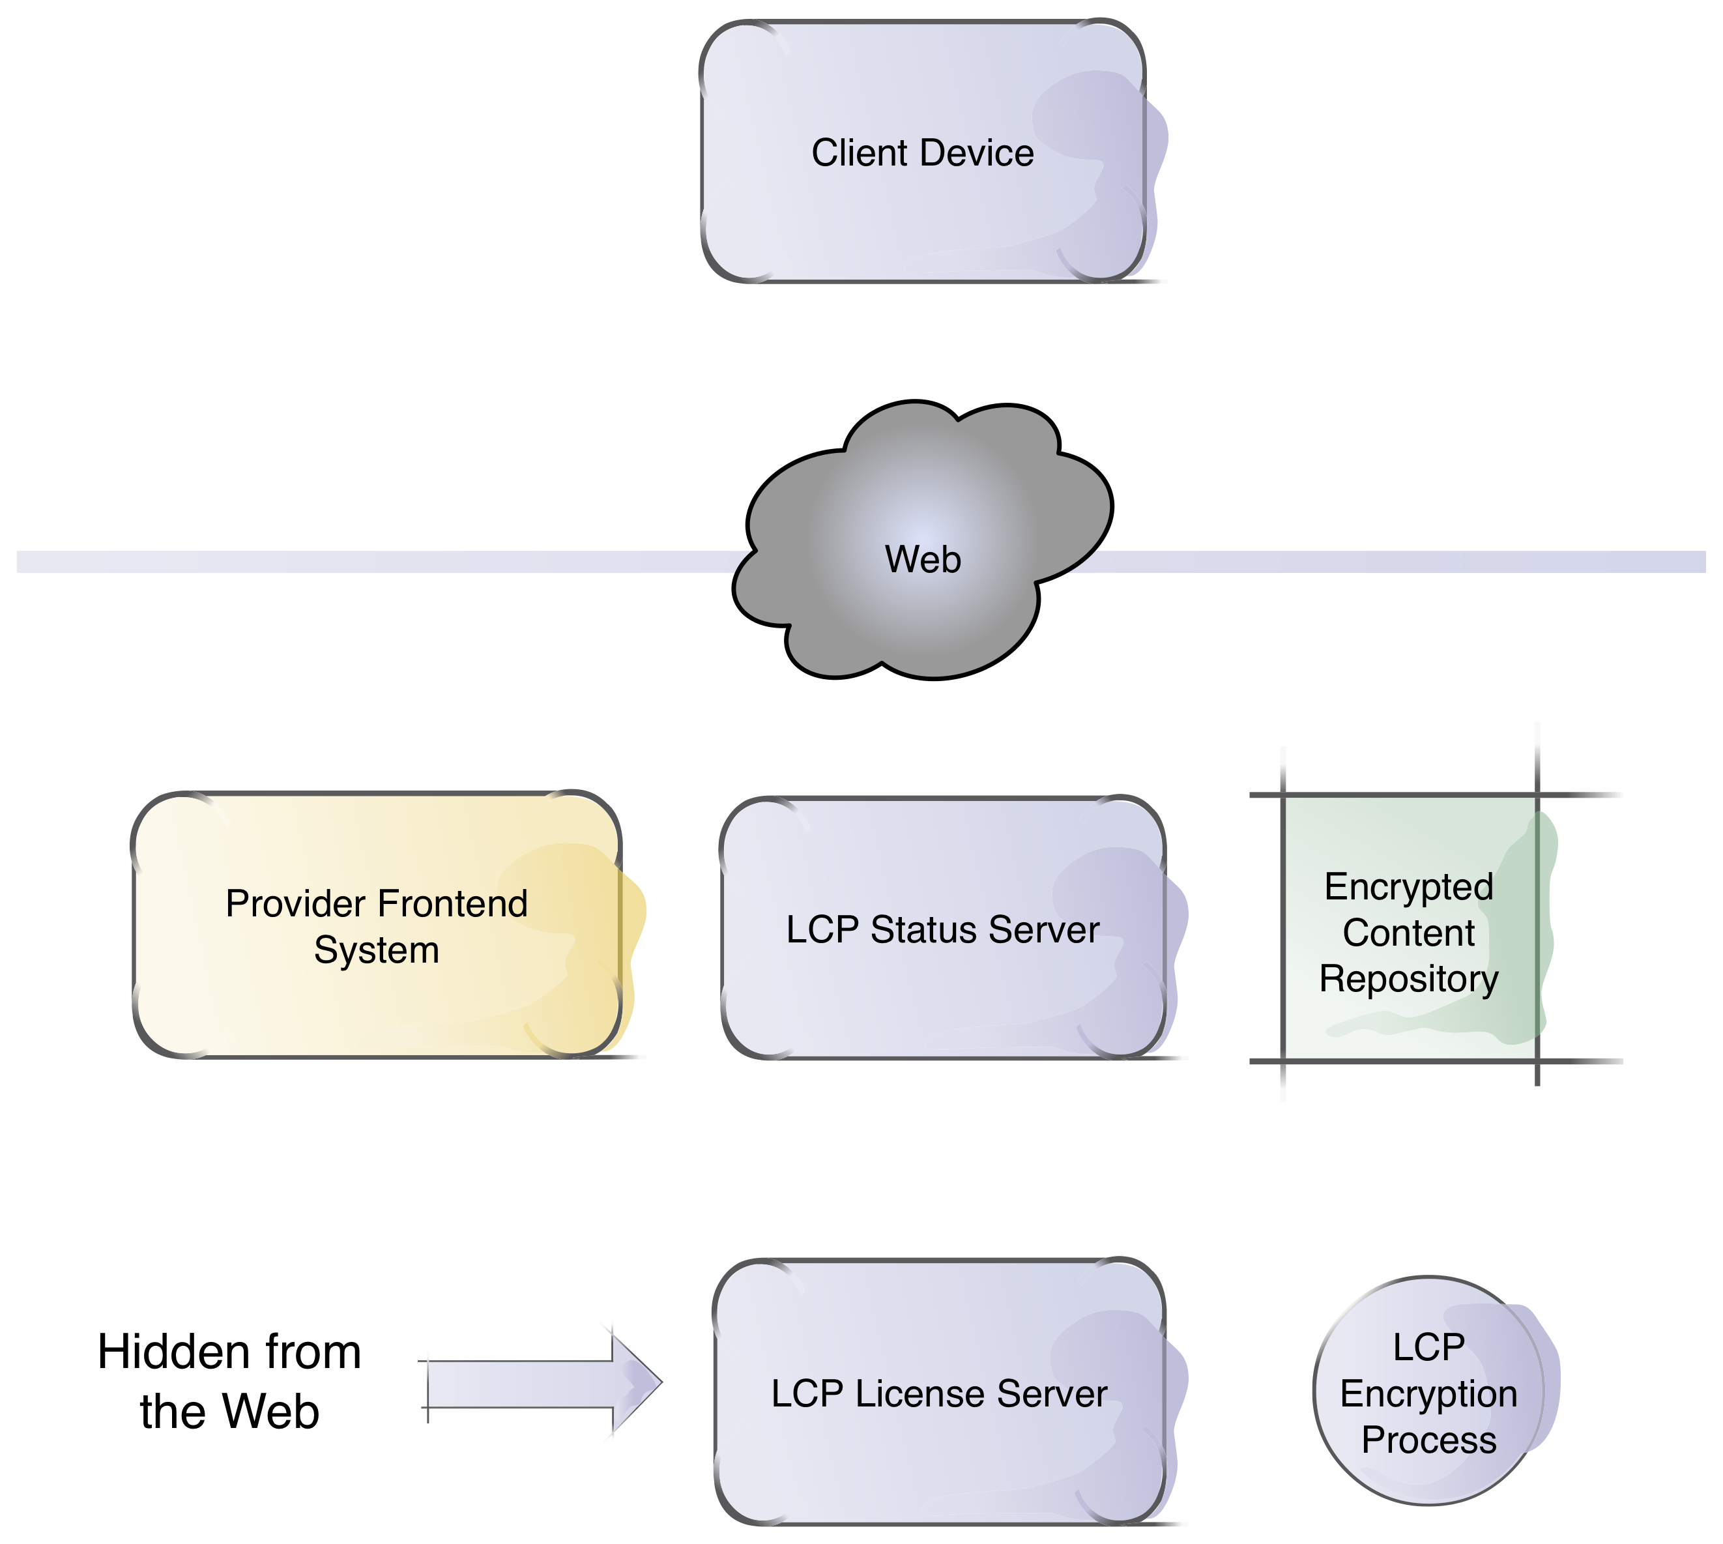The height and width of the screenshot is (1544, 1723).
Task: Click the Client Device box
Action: pyautogui.click(x=923, y=212)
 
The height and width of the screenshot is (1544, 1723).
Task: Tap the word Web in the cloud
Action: pyautogui.click(x=923, y=560)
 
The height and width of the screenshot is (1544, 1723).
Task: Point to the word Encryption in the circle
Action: pyautogui.click(x=1428, y=1394)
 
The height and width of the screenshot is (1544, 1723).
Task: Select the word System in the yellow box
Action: pyautogui.click(x=377, y=950)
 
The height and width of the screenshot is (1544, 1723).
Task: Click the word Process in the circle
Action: pyautogui.click(x=1428, y=1440)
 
